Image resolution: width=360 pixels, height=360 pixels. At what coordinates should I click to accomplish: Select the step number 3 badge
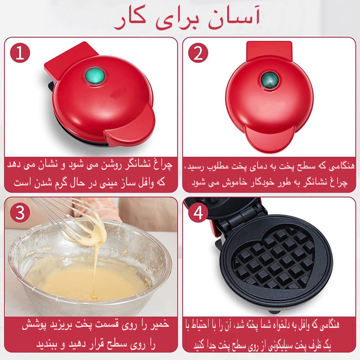(x=19, y=213)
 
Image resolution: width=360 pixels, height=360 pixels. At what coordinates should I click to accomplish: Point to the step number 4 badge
(x=198, y=213)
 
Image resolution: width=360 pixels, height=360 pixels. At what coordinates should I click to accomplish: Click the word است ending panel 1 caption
(x=17, y=183)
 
